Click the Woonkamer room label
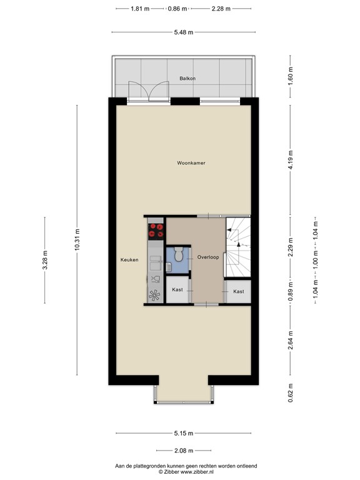(191, 163)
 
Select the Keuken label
(129, 259)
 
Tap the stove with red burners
(156, 231)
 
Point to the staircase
(237, 247)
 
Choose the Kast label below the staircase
(238, 291)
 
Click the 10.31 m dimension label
(77, 238)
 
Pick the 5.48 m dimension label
(182, 32)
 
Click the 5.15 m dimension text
(182, 433)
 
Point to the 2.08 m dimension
(182, 449)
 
